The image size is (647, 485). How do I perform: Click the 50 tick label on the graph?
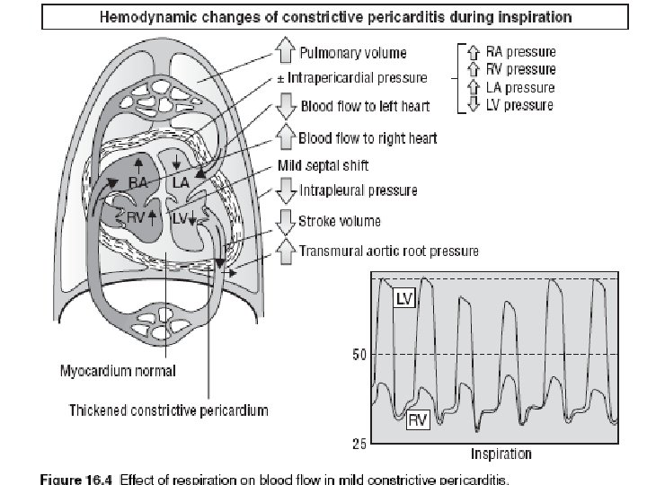[x=358, y=355]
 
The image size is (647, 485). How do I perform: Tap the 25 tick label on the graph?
[x=358, y=445]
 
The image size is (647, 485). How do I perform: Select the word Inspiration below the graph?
[x=500, y=454]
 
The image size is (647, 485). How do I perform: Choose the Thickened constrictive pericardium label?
[x=169, y=410]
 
